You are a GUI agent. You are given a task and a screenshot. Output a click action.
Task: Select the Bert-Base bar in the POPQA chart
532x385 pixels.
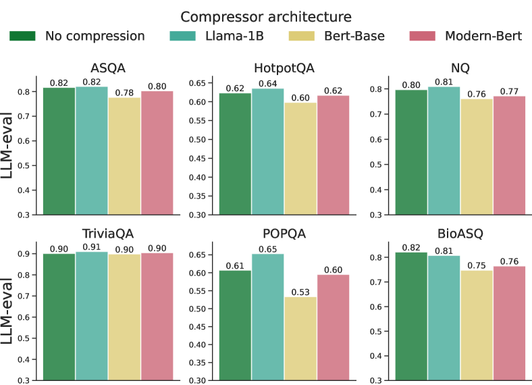300,338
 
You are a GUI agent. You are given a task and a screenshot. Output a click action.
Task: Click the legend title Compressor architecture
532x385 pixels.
266,16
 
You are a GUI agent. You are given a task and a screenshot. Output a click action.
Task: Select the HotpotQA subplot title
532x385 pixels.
284,68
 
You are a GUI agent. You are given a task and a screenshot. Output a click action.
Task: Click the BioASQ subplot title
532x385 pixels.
460,234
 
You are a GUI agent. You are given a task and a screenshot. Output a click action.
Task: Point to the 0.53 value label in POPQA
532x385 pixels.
300,292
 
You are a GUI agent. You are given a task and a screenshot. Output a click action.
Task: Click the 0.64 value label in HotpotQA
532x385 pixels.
268,83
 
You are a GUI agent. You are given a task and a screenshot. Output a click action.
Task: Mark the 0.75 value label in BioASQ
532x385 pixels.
477,265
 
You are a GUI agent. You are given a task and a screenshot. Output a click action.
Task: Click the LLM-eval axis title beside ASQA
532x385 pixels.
9,145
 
